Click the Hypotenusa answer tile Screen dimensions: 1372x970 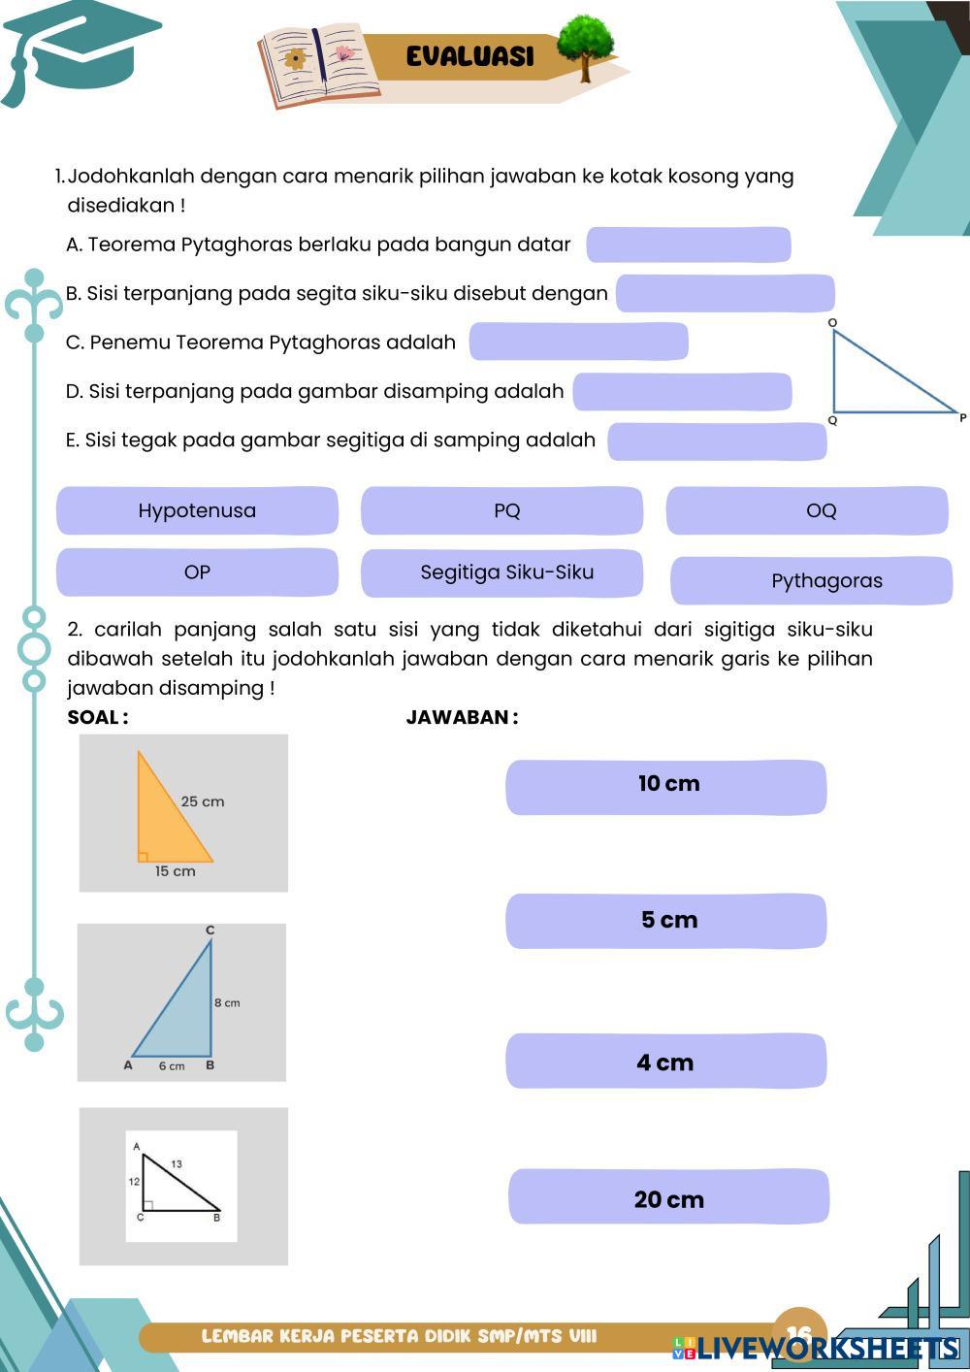pos(197,511)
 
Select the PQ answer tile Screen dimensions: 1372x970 pos(501,511)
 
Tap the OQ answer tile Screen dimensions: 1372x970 pos(807,511)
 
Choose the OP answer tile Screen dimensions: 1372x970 pos(197,572)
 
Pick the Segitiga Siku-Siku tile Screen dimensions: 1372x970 pos(501,572)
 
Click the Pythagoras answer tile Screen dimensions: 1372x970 pos(812,580)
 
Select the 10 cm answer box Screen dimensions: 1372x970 pos(666,787)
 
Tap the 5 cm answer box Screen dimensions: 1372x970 pos(666,921)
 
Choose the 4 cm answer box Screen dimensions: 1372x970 pos(666,1062)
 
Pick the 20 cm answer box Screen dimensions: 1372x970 pos(668,1197)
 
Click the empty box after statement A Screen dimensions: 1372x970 pos(689,245)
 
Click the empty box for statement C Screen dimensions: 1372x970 pos(578,342)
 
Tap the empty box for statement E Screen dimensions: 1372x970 pos(717,441)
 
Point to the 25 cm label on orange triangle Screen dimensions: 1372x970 pos(203,801)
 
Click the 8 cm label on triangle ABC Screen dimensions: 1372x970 pos(227,1002)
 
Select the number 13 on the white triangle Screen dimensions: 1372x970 pos(177,1163)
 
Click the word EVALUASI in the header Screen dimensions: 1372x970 pos(470,56)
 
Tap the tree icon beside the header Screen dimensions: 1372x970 pos(586,45)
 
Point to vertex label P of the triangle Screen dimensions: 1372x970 pos(962,418)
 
